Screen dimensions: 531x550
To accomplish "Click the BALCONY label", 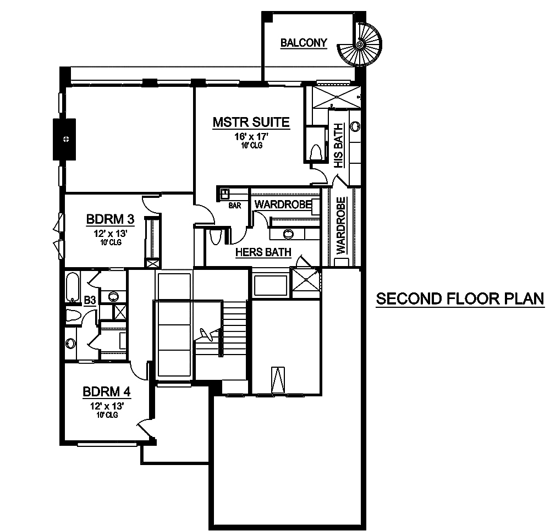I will [304, 43].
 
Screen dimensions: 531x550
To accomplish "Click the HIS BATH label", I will [339, 145].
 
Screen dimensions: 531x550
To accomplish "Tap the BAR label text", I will [236, 206].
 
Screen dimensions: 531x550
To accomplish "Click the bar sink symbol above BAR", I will [225, 193].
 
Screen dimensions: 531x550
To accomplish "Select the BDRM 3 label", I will [108, 220].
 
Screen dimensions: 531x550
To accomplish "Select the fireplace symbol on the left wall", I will [66, 139].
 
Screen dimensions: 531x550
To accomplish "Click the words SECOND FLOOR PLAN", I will [460, 299].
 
